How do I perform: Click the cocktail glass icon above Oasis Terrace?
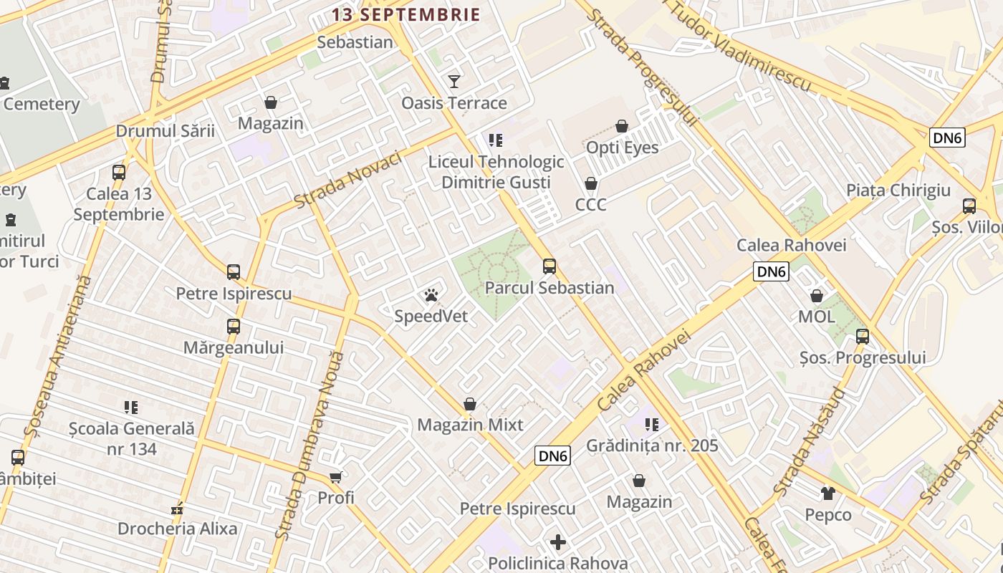453,81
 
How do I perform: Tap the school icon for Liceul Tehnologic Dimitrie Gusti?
495,140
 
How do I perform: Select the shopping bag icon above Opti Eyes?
622,126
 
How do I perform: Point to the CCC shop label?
591,205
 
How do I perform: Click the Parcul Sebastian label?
550,288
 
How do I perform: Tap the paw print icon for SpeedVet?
431,295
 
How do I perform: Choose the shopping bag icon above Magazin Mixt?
470,405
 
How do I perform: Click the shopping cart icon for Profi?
335,477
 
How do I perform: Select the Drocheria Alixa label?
177,529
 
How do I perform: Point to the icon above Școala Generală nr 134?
130,408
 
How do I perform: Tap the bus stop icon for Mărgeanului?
234,327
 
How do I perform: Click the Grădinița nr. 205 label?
652,446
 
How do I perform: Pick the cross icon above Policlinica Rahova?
558,542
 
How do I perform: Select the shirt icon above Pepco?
828,493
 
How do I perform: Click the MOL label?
817,317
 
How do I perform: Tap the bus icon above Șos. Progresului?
863,337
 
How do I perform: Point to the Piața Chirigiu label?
898,191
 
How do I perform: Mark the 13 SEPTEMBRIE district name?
405,14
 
